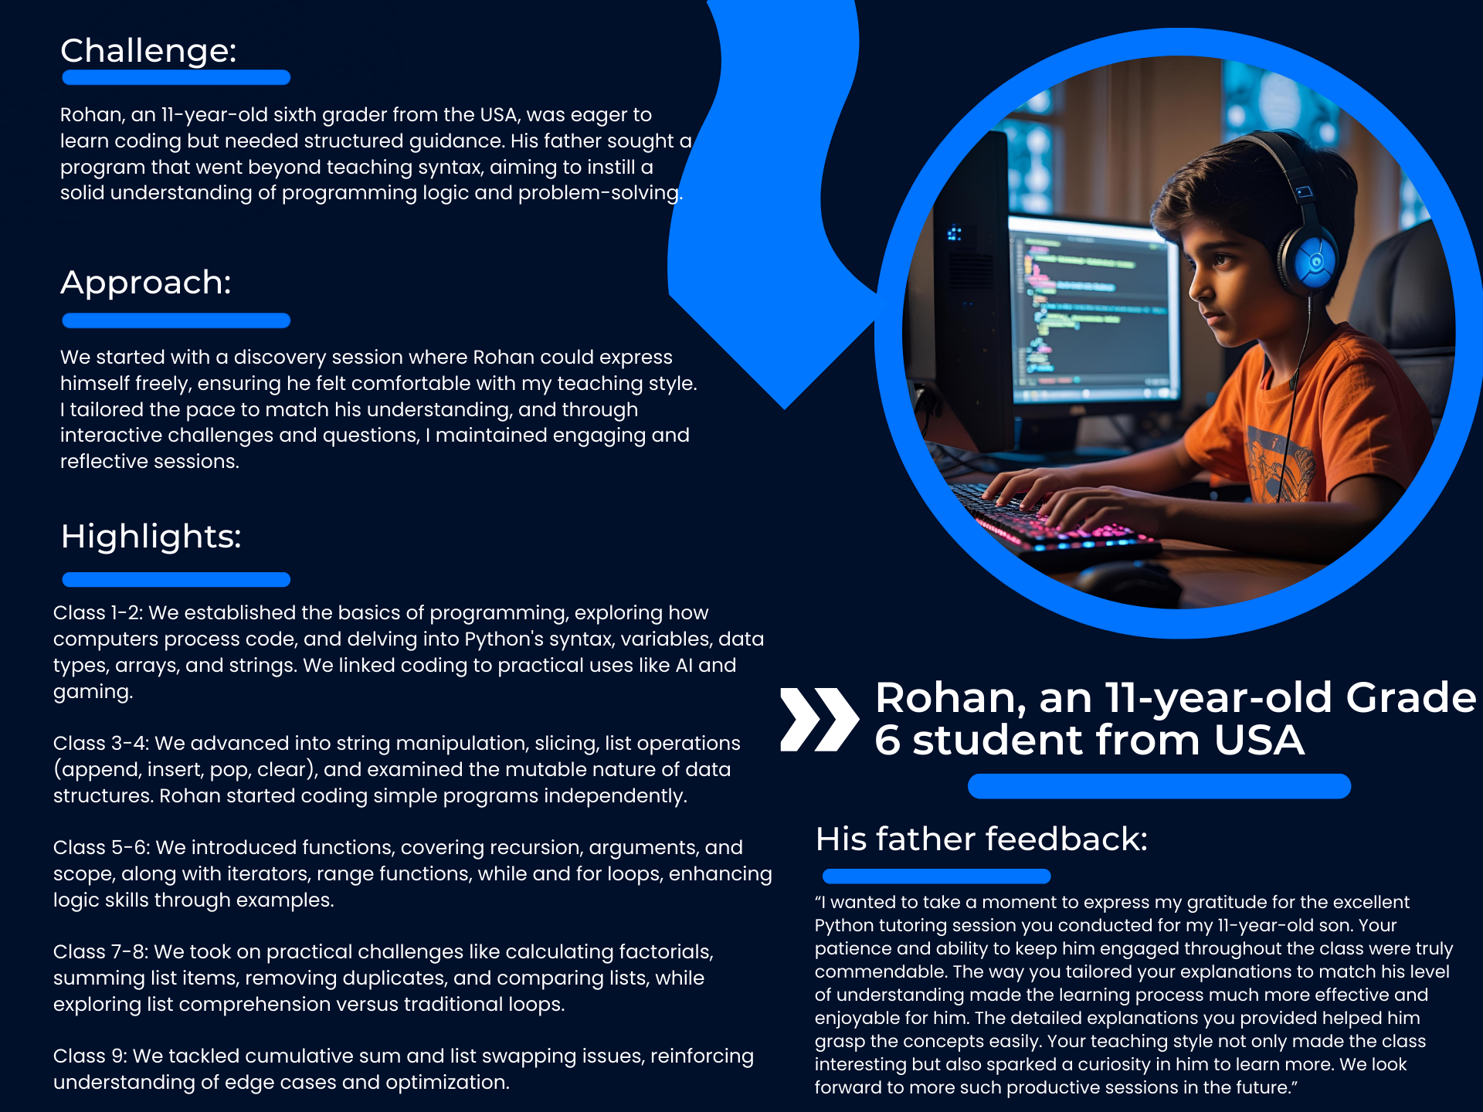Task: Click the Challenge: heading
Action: coord(148,51)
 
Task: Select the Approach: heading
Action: coord(146,283)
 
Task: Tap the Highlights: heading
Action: coord(151,537)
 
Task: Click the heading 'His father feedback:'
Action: coord(982,839)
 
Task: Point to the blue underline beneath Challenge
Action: coord(176,77)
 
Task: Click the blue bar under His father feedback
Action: coord(936,876)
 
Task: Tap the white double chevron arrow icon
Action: coord(820,719)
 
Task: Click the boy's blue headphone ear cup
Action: coord(1313,263)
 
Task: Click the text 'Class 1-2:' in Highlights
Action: coord(98,613)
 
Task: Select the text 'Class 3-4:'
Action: coord(101,744)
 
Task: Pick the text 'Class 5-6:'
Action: coord(101,848)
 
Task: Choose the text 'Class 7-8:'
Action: coord(100,952)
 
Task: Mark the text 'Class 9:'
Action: coord(90,1056)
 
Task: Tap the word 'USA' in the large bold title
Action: coord(1259,740)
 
